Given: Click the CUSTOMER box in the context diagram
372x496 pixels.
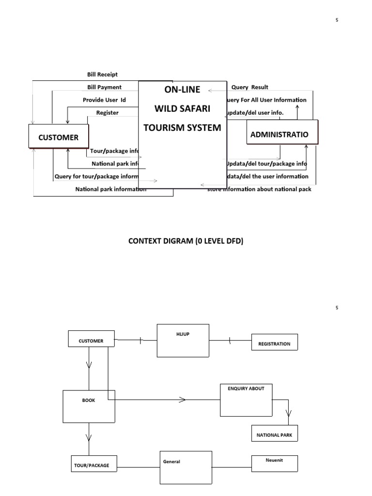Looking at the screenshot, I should pos(59,138).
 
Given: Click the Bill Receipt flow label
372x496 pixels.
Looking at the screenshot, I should pos(102,75).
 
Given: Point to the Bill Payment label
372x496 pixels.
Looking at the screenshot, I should pos(104,87).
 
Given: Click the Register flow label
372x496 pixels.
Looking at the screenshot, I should pos(107,112).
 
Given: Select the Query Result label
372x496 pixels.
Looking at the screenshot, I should pos(249,87).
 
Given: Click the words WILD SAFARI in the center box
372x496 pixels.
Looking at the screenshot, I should pos(182,108).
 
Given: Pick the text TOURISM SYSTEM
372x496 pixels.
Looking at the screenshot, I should pos(182,127).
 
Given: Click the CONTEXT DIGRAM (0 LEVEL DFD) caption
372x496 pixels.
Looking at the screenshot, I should pos(186,241).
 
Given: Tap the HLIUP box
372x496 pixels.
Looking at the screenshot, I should pos(183,341).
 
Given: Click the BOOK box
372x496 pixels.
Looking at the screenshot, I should pos(89,406).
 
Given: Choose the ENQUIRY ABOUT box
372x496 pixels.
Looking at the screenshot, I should pos(246,400).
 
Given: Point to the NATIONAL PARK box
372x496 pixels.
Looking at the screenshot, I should pos(274,434).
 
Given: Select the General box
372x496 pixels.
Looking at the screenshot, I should pos(186,467).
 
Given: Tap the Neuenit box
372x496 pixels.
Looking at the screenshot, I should pos(274,463).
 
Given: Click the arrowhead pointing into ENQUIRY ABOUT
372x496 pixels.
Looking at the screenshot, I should pos(182,400).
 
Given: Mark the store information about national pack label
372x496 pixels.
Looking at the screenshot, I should pos(259,189).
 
